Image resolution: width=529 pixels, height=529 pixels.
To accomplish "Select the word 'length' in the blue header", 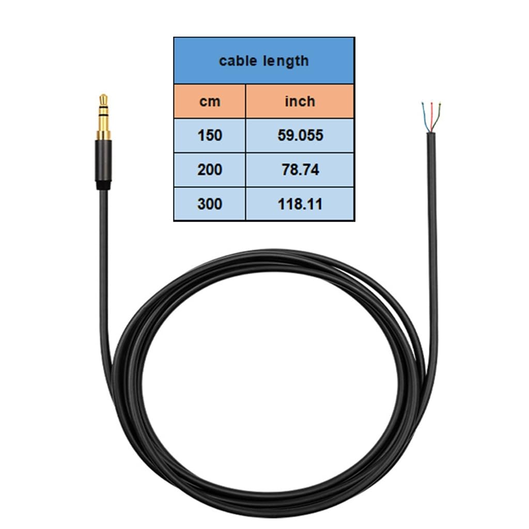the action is click(x=286, y=61).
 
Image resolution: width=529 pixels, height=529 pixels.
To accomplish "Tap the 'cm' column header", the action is click(x=210, y=102).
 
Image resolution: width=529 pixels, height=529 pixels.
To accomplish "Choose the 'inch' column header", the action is click(x=300, y=101).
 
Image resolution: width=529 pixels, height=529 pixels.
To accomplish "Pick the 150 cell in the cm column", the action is click(x=210, y=135).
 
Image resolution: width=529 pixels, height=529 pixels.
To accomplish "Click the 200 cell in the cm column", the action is click(x=210, y=169).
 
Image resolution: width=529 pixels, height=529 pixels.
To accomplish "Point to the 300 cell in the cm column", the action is click(x=210, y=204).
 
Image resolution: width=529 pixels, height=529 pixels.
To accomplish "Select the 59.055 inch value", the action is click(x=300, y=135).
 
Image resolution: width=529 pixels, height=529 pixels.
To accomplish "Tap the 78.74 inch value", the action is click(x=300, y=169).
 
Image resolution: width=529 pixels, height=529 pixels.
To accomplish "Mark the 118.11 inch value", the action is click(x=300, y=204).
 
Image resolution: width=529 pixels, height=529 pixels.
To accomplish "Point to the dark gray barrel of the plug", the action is click(x=103, y=161).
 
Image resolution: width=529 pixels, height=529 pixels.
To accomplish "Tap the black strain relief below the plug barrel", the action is click(x=103, y=185).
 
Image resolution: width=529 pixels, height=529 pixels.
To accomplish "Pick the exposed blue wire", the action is click(x=425, y=117).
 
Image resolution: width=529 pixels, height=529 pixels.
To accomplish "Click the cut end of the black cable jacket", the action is click(x=431, y=133).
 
